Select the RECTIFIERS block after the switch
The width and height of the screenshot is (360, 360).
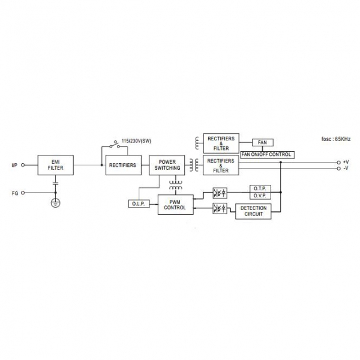pyautogui.click(x=122, y=165)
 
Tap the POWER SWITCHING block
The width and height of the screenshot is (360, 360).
pyautogui.click(x=164, y=165)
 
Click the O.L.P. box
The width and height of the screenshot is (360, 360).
pyautogui.click(x=137, y=204)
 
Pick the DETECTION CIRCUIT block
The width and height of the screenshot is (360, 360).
pyautogui.click(x=252, y=211)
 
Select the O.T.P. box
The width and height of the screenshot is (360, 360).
pyautogui.click(x=260, y=188)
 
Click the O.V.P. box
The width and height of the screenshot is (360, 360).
pyautogui.click(x=260, y=195)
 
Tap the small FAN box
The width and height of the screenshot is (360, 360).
pyautogui.click(x=262, y=143)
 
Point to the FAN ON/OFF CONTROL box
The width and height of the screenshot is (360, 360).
pyautogui.click(x=266, y=154)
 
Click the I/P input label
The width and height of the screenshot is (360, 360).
pyautogui.click(x=14, y=165)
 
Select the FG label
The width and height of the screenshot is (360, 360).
pyautogui.click(x=14, y=193)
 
